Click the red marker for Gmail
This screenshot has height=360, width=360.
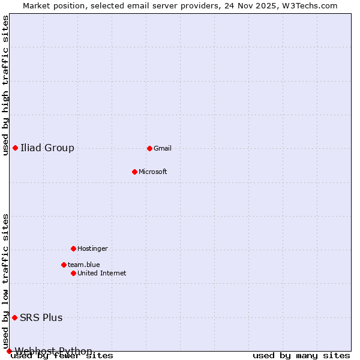[x=149, y=148]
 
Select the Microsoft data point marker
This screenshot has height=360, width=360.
[x=134, y=172]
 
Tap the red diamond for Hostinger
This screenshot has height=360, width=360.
[x=73, y=248]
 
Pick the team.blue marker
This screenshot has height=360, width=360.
[x=64, y=265]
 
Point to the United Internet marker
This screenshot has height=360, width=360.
[x=73, y=273]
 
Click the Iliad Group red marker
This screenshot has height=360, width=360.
[x=15, y=148]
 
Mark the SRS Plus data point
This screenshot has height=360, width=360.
[x=14, y=317]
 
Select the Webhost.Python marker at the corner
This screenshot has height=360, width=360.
[x=9, y=351]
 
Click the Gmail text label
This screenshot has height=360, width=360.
[x=163, y=148]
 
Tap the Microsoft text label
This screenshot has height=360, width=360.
[x=153, y=172]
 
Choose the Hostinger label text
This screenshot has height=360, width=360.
[x=92, y=248]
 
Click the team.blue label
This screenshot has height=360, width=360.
[x=84, y=265]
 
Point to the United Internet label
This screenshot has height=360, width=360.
[x=102, y=273]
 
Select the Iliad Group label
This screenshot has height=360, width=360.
[x=47, y=148]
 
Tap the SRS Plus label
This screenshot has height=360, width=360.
[x=41, y=317]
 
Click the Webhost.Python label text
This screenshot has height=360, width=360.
[x=53, y=351]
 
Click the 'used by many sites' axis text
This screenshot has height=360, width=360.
[x=301, y=356]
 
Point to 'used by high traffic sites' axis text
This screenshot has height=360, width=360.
[x=6, y=85]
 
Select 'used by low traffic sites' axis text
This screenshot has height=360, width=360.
[x=6, y=281]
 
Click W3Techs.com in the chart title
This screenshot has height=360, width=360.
[x=308, y=5]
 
